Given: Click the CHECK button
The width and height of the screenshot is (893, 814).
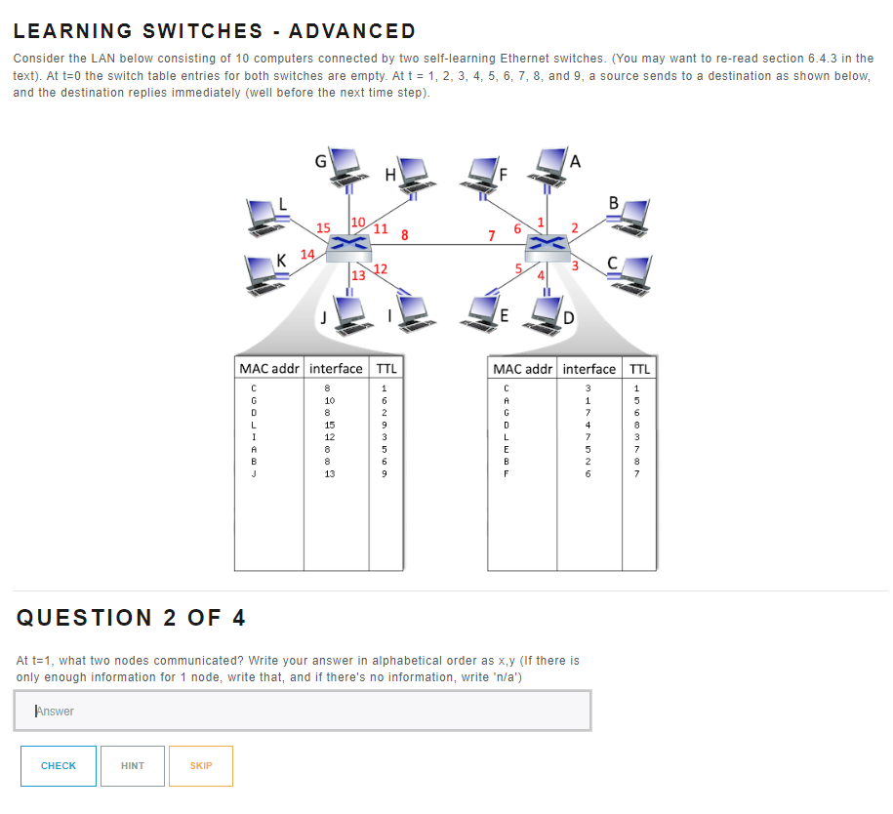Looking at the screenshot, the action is (x=59, y=765).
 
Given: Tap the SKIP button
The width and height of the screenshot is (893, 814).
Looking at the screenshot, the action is (x=200, y=765).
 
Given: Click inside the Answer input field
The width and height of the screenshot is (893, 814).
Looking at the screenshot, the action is (x=303, y=711).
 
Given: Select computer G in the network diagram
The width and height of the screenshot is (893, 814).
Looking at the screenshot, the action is (x=345, y=166).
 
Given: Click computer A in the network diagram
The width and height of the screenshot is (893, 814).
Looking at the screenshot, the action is (x=548, y=166).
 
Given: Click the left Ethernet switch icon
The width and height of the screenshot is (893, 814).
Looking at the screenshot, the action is (x=349, y=248).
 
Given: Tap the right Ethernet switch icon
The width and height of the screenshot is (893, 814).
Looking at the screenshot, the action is (x=548, y=248).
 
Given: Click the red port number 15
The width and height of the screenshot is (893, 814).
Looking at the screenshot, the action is (x=323, y=227).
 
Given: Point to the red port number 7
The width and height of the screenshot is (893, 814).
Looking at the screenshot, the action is (x=492, y=235).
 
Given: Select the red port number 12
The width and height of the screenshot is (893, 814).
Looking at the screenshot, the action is (x=381, y=268).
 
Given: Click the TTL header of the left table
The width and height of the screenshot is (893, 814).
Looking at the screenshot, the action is (x=386, y=369).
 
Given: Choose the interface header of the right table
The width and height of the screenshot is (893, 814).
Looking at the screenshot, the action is (x=589, y=369).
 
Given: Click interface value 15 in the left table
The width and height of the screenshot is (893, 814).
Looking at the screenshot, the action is (x=329, y=425).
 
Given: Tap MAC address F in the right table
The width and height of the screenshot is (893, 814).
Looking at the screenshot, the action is (x=507, y=473).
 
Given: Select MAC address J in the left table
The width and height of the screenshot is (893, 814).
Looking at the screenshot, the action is (x=254, y=473).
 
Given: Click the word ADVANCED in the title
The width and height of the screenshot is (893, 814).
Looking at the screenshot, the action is (x=352, y=31).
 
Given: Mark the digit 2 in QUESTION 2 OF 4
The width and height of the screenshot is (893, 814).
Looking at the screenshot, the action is (x=170, y=618).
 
